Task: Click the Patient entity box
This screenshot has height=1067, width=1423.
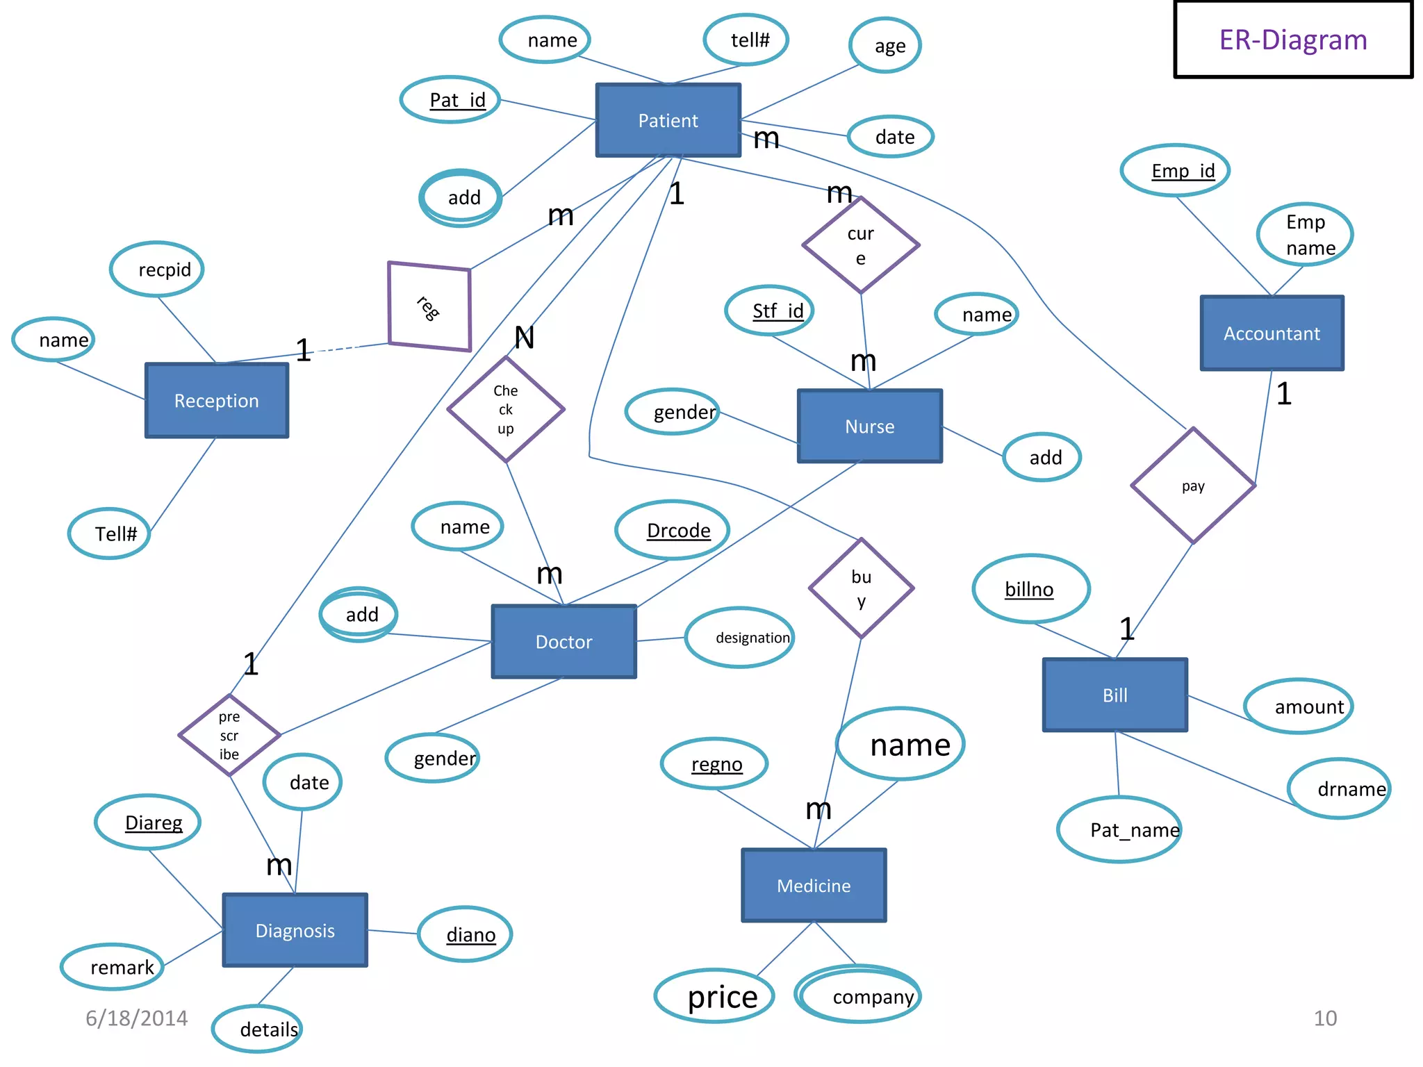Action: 668,120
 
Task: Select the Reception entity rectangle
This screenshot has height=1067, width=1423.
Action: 216,401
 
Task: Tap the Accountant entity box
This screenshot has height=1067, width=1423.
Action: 1271,333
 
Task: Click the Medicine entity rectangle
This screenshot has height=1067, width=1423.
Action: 813,885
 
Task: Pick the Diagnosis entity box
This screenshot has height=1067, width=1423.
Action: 295,930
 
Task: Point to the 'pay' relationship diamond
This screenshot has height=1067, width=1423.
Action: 1192,486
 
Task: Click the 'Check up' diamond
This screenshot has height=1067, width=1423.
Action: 505,409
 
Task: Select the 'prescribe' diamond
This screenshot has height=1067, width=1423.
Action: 229,735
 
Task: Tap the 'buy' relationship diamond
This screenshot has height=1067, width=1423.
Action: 860,588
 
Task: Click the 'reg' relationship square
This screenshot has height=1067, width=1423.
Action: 429,306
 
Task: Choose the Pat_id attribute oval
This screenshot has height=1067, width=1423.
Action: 451,100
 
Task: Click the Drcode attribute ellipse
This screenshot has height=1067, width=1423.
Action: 673,531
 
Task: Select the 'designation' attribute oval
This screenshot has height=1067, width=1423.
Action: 741,638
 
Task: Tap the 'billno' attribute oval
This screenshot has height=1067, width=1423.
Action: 1030,589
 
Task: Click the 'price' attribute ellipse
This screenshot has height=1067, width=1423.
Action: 714,996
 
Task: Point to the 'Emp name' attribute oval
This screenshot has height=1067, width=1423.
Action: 1304,235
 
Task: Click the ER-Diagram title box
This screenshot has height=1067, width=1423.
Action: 1292,40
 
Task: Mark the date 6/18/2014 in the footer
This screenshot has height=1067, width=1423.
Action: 136,1018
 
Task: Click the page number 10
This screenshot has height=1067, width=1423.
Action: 1324,1018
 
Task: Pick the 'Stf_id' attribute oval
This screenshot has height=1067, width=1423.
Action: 769,311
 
